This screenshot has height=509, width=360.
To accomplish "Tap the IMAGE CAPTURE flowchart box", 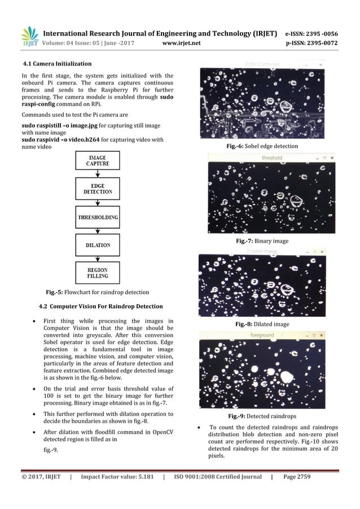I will [97, 160].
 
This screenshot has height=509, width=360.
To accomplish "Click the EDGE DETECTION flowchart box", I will [97, 189].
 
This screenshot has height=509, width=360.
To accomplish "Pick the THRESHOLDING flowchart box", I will [97, 217].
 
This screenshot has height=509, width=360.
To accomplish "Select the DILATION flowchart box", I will [97, 245].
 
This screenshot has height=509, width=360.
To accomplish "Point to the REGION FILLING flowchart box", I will [97, 274].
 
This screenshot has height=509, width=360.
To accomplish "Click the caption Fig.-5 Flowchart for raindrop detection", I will [97, 292].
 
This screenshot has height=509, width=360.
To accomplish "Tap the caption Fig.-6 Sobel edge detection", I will [261, 146].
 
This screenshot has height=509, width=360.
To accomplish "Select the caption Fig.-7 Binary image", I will [261, 241].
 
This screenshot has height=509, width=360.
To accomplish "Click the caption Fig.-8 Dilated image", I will [261, 324].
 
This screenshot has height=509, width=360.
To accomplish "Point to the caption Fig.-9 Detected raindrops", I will [261, 416].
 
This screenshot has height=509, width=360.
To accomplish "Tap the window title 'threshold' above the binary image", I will [271, 158].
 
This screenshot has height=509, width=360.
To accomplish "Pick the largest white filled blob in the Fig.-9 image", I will [287, 377].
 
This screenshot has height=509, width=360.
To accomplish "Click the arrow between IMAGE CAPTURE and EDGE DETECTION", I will [97, 174].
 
